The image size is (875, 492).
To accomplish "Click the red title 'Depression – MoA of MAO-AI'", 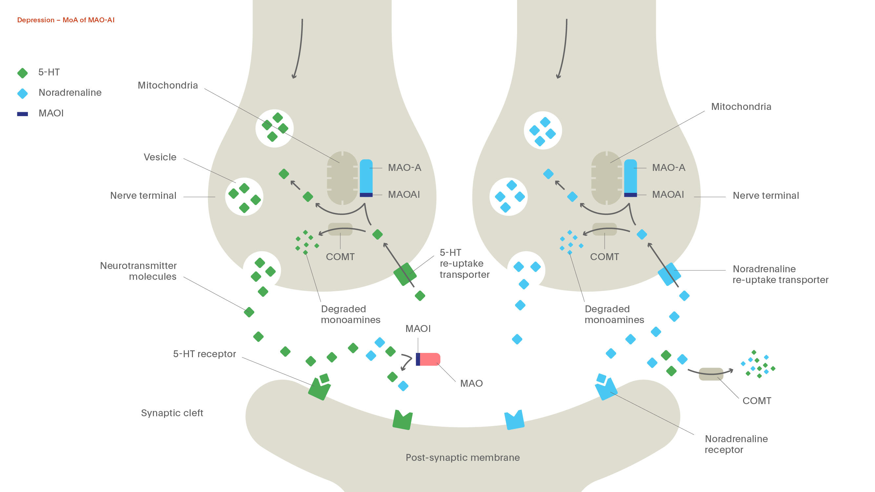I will pos(66,20).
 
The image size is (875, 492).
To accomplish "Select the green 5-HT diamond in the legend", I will pos(22,73).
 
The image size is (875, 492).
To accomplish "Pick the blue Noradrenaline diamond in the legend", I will pos(22,93).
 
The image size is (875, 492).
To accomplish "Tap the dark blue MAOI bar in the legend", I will pos(22,114).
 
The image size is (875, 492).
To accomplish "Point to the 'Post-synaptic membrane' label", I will pos(463,458).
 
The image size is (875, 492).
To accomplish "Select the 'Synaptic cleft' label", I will pos(172,413).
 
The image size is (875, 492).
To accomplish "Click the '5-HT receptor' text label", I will pos(204,354).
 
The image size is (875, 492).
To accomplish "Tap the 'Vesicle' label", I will pos(160,157).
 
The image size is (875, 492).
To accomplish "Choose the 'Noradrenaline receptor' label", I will pos(736,444).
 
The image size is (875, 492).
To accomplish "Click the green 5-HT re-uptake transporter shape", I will pos(405,274).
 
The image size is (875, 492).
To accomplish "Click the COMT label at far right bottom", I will pos(757,401).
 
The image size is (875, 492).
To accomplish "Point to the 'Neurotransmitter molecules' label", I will pos(138,271).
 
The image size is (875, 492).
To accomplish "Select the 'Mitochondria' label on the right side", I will pos(741,107).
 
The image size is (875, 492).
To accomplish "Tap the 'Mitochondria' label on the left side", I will pos(167,86).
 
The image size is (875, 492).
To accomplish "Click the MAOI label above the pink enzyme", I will pos(418,329).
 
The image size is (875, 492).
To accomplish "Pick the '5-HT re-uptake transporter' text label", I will pos(464,263).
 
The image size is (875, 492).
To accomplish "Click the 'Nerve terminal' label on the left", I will pos(143,195).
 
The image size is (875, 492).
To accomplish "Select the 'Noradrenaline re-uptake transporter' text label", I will pos(780,274).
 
